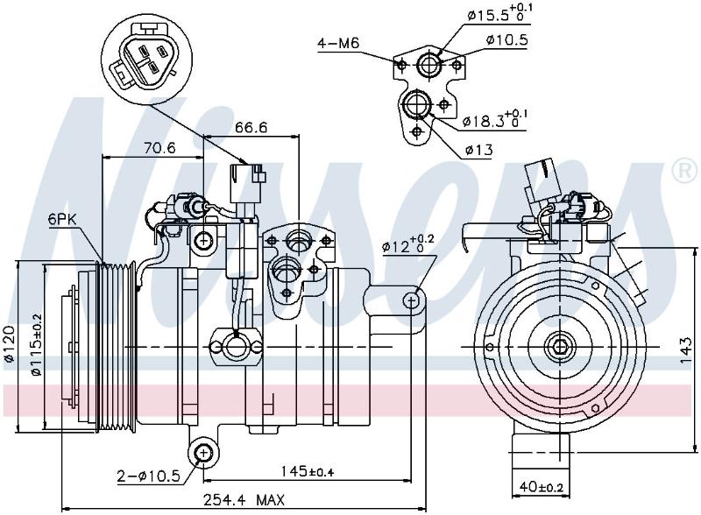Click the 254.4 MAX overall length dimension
pyautogui.click(x=244, y=499)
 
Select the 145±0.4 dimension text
pyautogui.click(x=308, y=471)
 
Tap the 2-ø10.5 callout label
pyautogui.click(x=148, y=476)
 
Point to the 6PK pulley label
pyautogui.click(x=63, y=220)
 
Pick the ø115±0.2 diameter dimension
pyautogui.click(x=36, y=344)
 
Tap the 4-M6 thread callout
pyautogui.click(x=338, y=44)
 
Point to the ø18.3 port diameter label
pyautogui.click(x=495, y=119)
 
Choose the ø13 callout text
pyautogui.click(x=478, y=150)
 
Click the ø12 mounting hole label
pyautogui.click(x=407, y=244)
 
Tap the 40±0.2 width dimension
pyautogui.click(x=541, y=485)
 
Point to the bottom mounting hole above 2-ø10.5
pyautogui.click(x=203, y=453)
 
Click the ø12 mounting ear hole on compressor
pyautogui.click(x=412, y=300)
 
